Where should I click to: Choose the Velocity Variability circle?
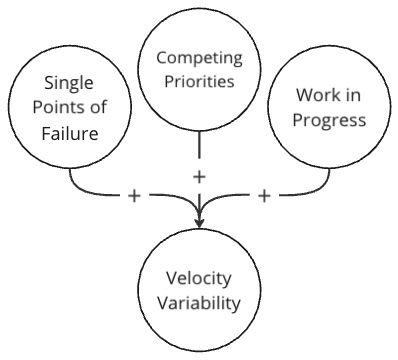[x=200, y=288]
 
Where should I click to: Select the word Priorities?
[x=201, y=81]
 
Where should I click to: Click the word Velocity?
[x=200, y=276]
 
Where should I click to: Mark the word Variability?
[x=200, y=300]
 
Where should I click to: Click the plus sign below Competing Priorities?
[x=200, y=176]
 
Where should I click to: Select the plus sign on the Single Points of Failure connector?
[x=134, y=194]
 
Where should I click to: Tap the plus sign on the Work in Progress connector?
[x=264, y=194]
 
